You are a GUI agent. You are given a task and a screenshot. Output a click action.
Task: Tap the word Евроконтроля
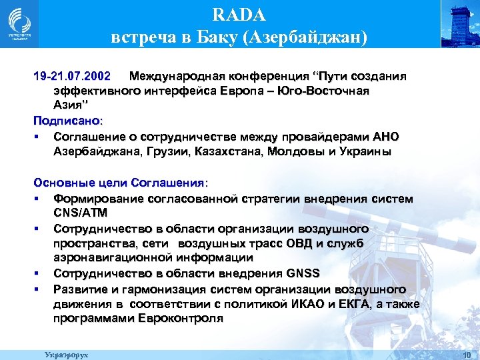(x=180, y=319)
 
